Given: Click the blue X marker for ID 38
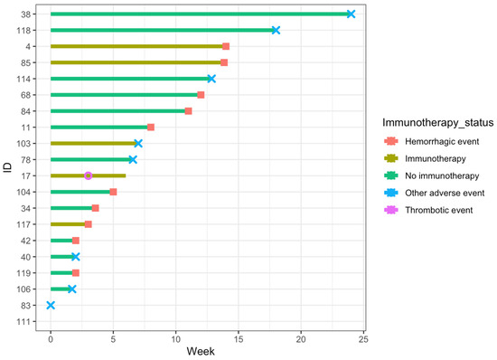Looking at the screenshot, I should click(351, 14).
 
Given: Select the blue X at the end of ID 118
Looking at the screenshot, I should click(276, 30).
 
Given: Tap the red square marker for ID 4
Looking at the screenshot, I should click(226, 46).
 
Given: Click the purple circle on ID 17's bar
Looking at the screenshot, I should click(88, 175).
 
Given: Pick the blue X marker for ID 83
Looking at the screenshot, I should click(51, 305).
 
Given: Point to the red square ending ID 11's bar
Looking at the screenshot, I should click(151, 127).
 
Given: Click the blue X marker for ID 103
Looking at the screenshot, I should click(138, 143).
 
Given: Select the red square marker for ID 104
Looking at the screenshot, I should click(113, 192).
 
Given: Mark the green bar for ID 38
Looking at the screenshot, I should click(199, 14).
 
